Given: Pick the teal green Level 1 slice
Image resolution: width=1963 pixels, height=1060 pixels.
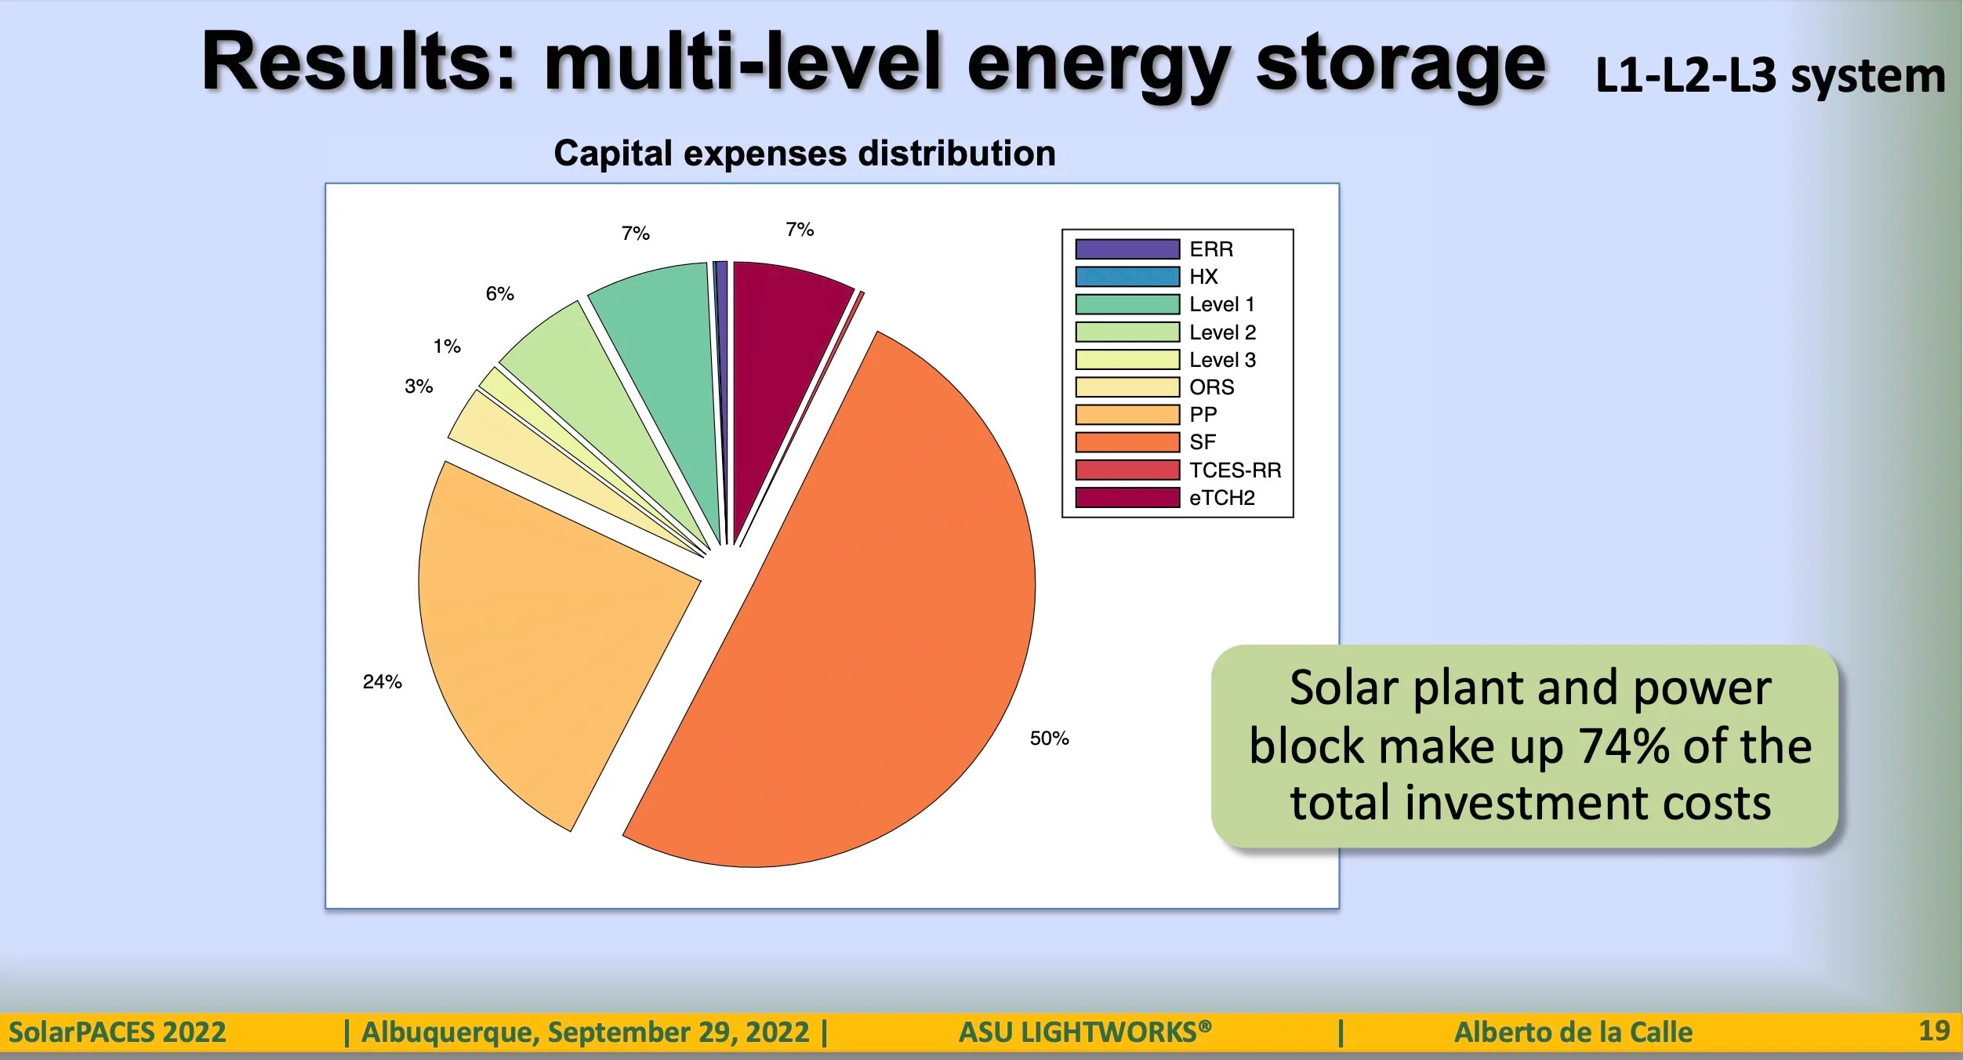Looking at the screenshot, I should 666,353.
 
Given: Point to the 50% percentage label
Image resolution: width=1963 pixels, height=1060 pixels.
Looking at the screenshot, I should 1049,739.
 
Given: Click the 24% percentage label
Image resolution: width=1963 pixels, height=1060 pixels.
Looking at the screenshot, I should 382,682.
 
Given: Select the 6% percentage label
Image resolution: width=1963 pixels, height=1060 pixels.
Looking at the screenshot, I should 499,294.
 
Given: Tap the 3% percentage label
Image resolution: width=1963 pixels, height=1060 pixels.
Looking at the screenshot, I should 419,387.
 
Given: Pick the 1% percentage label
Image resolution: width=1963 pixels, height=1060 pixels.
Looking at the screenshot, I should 447,347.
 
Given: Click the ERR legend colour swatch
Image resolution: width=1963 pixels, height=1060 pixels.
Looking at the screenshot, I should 1127,249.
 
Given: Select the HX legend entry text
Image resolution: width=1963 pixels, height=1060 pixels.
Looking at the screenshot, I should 1203,277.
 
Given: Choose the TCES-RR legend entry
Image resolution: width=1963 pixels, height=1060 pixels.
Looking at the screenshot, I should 1235,470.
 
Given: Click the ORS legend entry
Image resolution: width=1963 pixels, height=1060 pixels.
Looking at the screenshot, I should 1211,387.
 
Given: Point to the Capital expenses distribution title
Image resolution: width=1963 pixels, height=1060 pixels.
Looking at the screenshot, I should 804,153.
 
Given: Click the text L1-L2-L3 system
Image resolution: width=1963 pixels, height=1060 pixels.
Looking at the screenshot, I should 1769,77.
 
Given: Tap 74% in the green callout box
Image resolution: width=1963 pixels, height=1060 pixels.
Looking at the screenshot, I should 1623,746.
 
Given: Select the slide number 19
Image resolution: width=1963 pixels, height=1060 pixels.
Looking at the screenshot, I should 1933,1030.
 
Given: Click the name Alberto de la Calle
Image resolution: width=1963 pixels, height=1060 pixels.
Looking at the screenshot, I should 1573,1032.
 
